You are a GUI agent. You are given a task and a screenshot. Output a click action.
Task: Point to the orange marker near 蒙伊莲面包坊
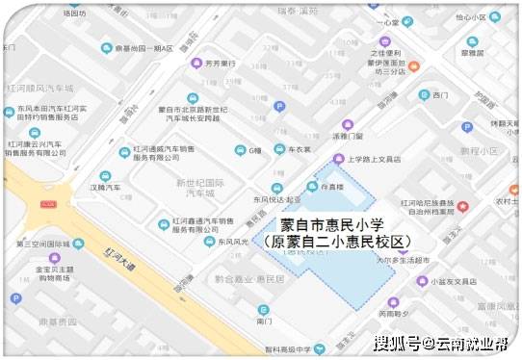click(413, 66)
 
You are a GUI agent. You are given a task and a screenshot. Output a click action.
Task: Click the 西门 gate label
click(440, 95)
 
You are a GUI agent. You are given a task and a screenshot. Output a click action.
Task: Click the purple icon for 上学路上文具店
click(337, 159)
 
